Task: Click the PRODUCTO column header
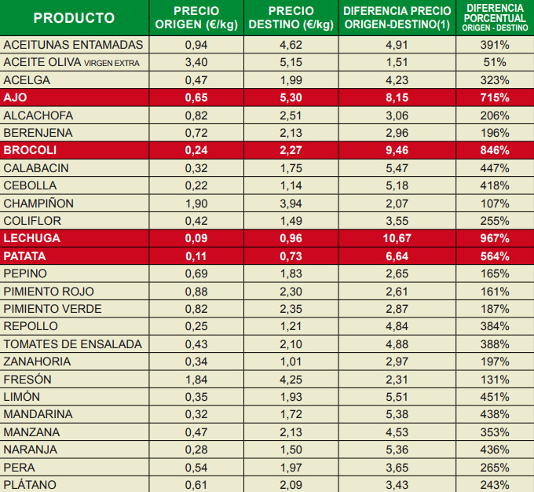(74, 17)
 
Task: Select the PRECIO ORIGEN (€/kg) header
(197, 17)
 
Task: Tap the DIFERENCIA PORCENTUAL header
(495, 17)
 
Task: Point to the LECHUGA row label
(32, 238)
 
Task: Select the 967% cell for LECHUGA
(495, 238)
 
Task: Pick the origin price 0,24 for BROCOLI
(196, 150)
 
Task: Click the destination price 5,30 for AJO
(291, 98)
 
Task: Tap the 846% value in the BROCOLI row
(495, 150)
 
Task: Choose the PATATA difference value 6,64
(397, 256)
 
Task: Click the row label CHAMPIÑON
(38, 204)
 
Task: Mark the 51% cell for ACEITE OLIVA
(495, 63)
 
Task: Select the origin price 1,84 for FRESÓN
(196, 379)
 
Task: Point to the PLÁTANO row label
(30, 484)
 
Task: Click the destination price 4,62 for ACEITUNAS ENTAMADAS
(291, 46)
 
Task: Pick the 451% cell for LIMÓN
(495, 397)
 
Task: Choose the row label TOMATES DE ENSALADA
(73, 344)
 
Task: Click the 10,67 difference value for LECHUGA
(397, 238)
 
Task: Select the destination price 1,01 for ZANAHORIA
(291, 362)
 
